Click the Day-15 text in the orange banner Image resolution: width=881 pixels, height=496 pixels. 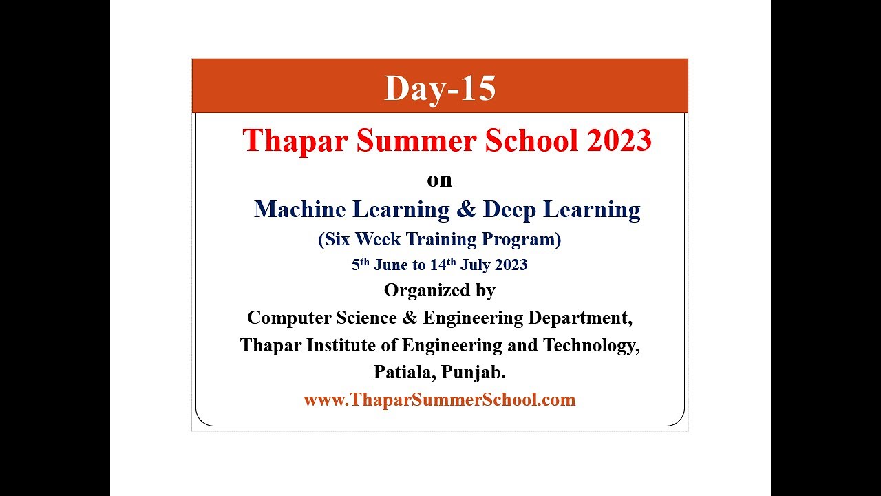[440, 88]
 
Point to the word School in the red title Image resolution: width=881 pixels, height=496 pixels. [531, 141]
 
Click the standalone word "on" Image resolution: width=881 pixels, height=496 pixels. [440, 180]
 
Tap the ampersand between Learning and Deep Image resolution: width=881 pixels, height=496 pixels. [466, 209]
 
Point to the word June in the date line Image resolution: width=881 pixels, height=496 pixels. [391, 265]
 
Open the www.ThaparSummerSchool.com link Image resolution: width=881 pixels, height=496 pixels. [439, 400]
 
